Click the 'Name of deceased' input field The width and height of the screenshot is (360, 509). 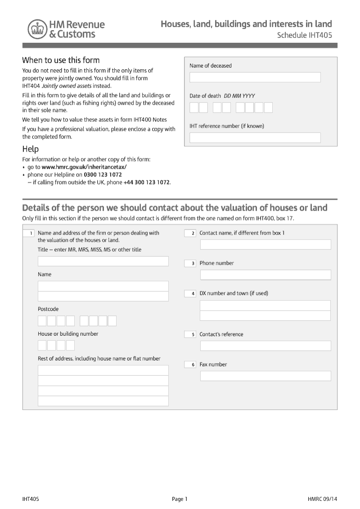pyautogui.click(x=255, y=77)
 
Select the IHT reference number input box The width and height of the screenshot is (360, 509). pyautogui.click(x=255, y=138)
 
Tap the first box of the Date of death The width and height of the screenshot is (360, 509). pyautogui.click(x=194, y=108)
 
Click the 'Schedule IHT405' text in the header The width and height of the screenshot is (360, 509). pyautogui.click(x=304, y=35)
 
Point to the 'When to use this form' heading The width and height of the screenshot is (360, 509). pyautogui.click(x=61, y=60)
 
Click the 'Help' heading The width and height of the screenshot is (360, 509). pyautogui.click(x=31, y=149)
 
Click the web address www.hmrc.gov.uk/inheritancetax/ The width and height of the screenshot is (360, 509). pyautogui.click(x=84, y=167)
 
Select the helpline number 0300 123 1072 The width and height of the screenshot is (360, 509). pyautogui.click(x=103, y=175)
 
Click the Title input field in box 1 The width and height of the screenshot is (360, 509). pyautogui.click(x=103, y=261)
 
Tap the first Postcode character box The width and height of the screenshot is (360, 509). pyautogui.click(x=42, y=321)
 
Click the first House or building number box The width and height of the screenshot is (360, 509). pyautogui.click(x=42, y=346)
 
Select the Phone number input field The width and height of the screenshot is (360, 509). pyautogui.click(x=265, y=275)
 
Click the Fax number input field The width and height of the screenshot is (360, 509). pyautogui.click(x=265, y=376)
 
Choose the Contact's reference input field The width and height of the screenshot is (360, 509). pyautogui.click(x=265, y=346)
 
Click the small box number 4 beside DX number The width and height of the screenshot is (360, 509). pyautogui.click(x=190, y=293)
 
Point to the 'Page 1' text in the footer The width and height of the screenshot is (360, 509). pyautogui.click(x=180, y=499)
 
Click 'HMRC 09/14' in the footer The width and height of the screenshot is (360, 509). pyautogui.click(x=322, y=499)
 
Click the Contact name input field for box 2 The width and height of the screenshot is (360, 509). pyautogui.click(x=265, y=244)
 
